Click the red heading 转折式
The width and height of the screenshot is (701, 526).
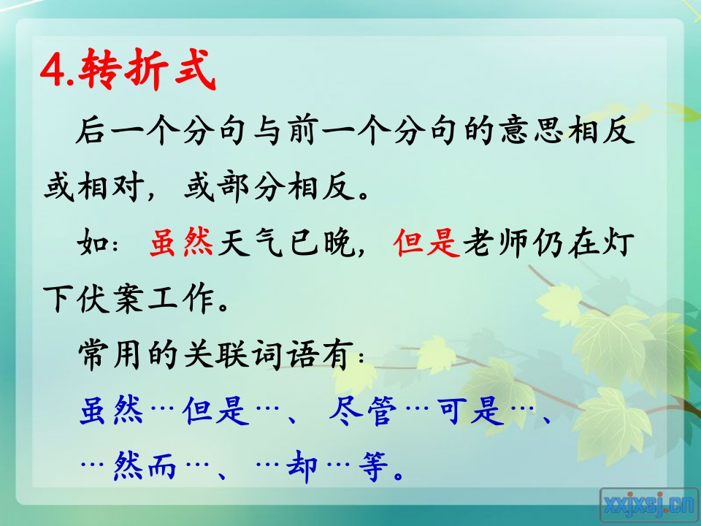(x=147, y=69)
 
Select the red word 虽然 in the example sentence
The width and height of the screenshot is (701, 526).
(x=181, y=243)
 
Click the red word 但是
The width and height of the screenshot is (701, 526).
(x=426, y=243)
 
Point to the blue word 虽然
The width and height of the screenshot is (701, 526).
(x=111, y=410)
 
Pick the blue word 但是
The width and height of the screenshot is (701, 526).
(x=215, y=410)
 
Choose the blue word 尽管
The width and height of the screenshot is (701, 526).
(x=363, y=410)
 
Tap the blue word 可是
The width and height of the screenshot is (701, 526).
(x=470, y=410)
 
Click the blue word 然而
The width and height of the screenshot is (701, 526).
(x=145, y=467)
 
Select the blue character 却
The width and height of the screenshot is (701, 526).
(x=302, y=467)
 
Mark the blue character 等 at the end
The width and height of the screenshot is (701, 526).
(x=373, y=467)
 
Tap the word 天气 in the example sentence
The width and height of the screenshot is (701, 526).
(x=250, y=243)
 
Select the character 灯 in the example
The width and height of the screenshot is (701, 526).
(x=620, y=243)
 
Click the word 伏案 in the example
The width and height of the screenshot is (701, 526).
(x=110, y=298)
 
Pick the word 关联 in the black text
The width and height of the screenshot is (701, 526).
(x=215, y=355)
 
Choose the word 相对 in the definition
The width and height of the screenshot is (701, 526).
(x=110, y=186)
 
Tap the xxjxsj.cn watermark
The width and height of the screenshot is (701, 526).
(x=648, y=506)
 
